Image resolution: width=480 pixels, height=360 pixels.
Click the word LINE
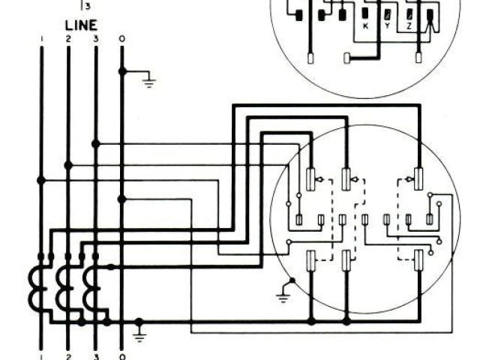point(81,25)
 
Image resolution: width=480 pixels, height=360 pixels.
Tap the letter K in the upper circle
point(365,25)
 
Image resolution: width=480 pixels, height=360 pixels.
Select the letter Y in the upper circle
point(387,25)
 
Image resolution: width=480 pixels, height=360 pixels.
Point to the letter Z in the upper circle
point(409,25)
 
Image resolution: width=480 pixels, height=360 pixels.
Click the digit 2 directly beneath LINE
point(68,37)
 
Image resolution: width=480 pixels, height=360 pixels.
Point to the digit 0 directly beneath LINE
point(122,37)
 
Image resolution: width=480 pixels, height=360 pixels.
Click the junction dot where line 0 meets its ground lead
point(122,72)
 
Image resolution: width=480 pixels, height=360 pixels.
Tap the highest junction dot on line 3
point(95,143)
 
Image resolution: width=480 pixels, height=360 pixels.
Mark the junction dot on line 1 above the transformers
point(41,180)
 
